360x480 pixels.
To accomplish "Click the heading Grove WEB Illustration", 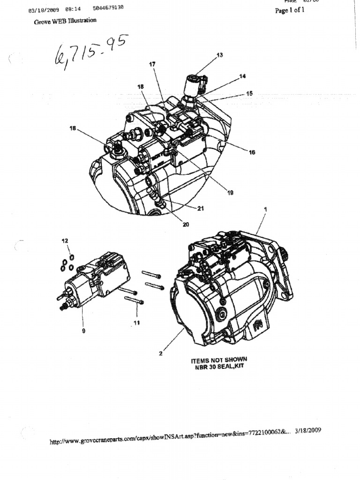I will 65,21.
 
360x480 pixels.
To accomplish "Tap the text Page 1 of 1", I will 289,10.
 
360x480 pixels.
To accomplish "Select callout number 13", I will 219,55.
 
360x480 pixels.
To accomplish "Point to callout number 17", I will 152,64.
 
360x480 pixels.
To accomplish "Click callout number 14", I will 242,76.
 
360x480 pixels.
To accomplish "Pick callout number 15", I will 249,94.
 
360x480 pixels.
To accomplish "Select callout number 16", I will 252,152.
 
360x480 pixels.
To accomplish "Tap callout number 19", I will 230,192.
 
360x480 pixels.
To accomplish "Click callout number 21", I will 201,209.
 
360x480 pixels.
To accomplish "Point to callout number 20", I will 186,225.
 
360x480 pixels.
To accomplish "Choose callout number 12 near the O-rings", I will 65,240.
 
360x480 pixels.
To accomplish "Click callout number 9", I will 83,330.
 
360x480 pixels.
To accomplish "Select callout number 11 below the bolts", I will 137,323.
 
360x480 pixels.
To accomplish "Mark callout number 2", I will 161,353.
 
